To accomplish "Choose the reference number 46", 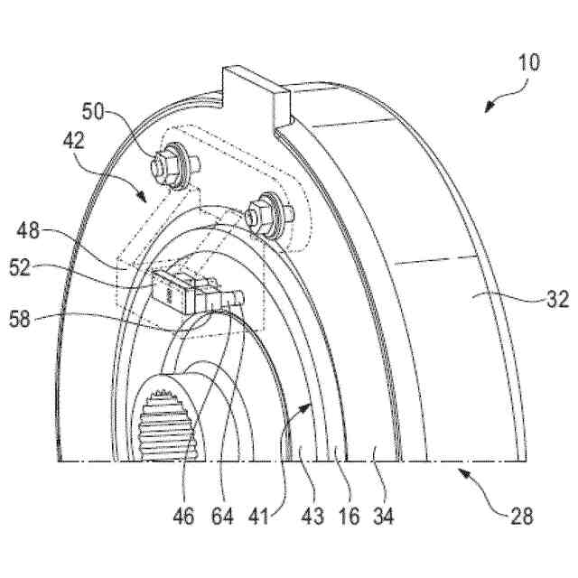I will point(185,517).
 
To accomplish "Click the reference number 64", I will point(222,517).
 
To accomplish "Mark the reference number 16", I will point(347,517).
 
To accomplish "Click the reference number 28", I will point(521,517).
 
